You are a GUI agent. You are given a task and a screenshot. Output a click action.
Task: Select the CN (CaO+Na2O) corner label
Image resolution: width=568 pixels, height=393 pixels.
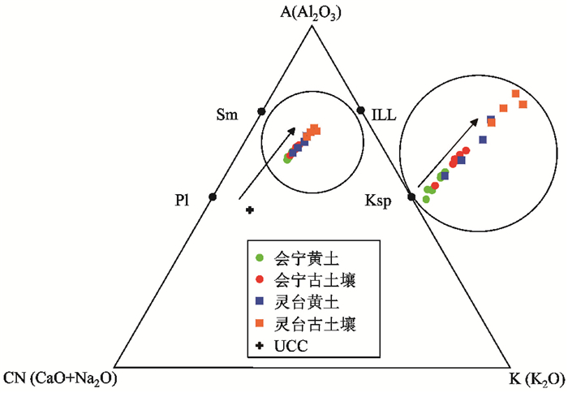(61, 378)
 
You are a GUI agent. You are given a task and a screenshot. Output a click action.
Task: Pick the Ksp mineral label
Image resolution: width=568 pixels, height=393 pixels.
(378, 204)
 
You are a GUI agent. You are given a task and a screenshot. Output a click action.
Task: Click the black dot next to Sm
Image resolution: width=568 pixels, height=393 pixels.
(261, 110)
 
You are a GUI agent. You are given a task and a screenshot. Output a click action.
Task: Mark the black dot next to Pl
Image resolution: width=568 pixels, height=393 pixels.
(213, 196)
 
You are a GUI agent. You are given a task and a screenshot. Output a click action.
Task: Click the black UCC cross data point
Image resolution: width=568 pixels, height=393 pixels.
(250, 210)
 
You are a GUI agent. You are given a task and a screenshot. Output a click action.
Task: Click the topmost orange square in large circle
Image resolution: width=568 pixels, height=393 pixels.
(514, 94)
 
